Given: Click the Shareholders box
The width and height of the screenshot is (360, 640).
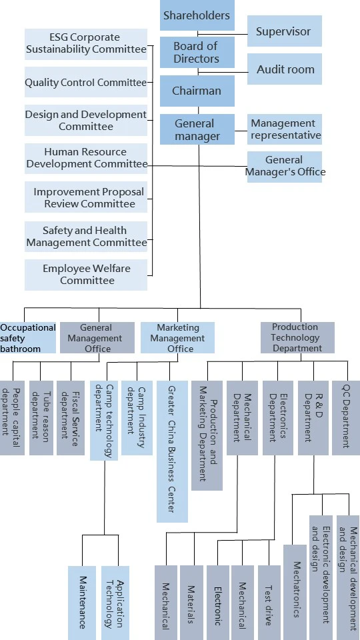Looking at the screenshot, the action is coord(197,15).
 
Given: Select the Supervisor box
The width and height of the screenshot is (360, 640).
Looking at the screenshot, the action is coord(285,31).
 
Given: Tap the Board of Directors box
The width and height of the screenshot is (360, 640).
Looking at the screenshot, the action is coord(197,52).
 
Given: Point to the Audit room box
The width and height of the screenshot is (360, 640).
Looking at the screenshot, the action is coord(285,69).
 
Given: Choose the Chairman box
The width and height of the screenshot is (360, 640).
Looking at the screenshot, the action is coord(197,91).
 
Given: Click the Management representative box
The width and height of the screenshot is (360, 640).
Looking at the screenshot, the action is coord(285,129).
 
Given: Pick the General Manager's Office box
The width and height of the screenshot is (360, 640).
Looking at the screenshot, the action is coord(285,167).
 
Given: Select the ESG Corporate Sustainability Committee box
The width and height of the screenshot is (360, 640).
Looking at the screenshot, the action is coord(86,44).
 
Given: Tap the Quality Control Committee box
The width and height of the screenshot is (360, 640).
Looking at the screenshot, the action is coord(86,82).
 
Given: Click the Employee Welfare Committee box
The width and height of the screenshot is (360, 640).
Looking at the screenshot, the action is coord(86,275).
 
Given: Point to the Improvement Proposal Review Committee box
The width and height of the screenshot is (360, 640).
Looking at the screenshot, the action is coord(86,197).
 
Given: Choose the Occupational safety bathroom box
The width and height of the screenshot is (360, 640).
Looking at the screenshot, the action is coord(28,338).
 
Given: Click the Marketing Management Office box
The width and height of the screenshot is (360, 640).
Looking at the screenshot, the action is coord(177,338).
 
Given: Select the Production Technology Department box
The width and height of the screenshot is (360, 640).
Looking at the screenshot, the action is coord(297,337).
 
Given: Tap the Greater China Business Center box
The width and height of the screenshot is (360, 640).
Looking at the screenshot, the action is coord(172,451).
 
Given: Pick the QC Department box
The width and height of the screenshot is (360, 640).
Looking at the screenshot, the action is coord(346,418).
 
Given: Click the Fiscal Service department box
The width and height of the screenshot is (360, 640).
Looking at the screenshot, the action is coord(71,418).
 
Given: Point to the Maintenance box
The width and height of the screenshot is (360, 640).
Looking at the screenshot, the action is coord(82,603).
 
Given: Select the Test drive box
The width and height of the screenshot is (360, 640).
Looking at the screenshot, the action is coord(269,603).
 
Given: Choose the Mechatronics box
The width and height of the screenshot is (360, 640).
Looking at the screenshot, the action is coord(295,592).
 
